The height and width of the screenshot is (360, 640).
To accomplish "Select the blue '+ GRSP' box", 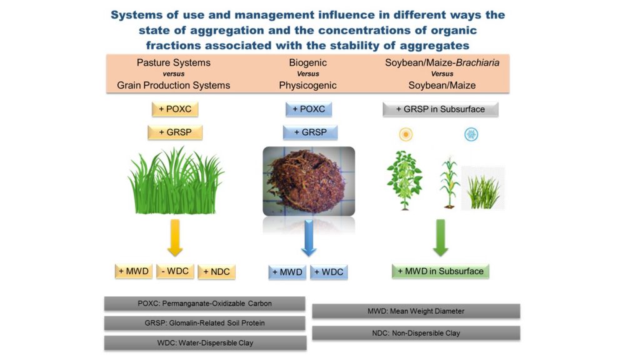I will click(310, 132).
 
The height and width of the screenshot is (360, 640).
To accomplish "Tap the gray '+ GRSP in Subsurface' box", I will click(441, 109).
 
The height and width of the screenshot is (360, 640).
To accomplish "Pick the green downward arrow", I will click(441, 237).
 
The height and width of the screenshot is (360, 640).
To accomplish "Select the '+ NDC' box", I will click(216, 272).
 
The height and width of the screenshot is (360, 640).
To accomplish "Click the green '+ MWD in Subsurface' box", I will click(441, 271).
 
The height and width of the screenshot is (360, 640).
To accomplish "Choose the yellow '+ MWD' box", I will click(132, 271).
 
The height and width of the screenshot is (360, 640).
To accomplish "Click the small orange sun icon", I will click(406, 134).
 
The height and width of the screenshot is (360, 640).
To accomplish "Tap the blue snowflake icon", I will click(471, 134).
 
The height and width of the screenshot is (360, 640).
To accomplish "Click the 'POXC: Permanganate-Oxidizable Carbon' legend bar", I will click(205, 304).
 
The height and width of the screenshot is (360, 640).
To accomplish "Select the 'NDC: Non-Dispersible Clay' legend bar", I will click(416, 333).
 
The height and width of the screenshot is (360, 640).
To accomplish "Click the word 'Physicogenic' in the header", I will click(308, 85).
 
